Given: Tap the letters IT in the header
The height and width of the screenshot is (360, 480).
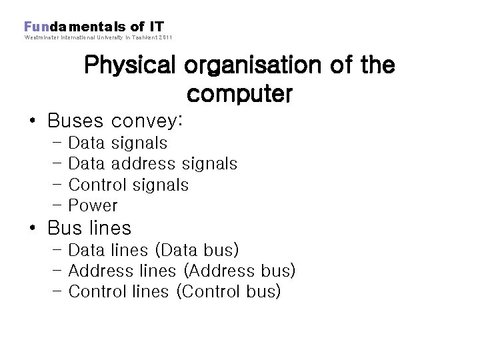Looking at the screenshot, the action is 156,27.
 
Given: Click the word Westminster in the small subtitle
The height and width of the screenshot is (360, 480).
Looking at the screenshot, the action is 40,37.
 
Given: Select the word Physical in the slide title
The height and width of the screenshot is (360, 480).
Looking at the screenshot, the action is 130,66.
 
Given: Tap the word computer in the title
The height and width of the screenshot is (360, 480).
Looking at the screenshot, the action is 239,95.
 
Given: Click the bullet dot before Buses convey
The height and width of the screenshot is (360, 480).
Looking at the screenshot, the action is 32,122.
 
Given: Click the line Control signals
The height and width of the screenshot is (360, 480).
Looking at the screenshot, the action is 129,185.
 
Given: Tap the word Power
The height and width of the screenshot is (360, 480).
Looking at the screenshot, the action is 93,206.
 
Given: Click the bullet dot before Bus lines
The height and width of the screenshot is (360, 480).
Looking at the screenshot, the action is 32,229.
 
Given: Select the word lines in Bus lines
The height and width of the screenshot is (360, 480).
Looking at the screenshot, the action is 109,228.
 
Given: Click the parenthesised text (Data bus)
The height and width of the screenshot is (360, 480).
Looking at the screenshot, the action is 197,250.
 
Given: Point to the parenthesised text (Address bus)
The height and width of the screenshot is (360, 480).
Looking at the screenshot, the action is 239,271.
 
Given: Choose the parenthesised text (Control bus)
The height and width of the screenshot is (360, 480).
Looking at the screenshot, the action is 229,291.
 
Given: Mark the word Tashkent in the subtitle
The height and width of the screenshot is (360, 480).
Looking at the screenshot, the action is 140,37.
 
